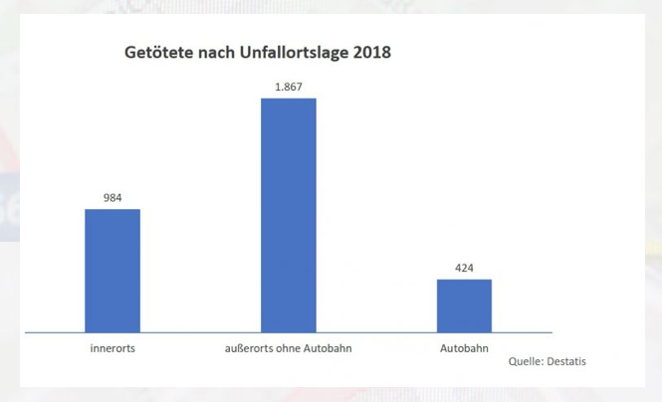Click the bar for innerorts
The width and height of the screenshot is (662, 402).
coord(111,270)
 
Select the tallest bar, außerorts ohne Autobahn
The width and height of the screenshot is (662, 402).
coord(288,215)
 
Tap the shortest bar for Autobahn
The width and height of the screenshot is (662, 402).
coord(464,305)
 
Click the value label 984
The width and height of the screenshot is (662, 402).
coord(111,197)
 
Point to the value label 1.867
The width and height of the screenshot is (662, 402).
coord(289,88)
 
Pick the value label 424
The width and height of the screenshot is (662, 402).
coord(464,267)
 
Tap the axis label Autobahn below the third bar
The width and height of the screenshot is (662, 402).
coord(464,349)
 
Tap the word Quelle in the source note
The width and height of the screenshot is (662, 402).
coord(525,361)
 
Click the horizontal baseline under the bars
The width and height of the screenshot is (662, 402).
coord(199,332)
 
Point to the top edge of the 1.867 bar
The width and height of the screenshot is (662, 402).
coord(288,99)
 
